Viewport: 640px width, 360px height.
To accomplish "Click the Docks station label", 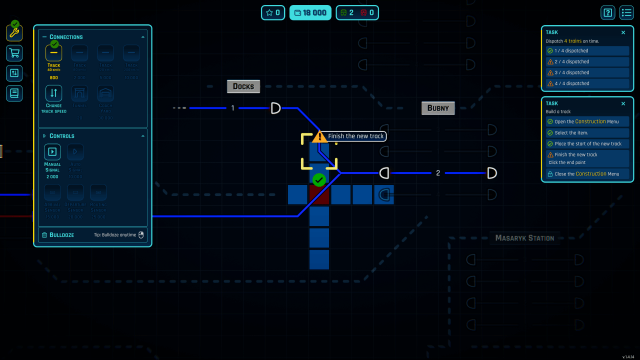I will (x=243, y=87).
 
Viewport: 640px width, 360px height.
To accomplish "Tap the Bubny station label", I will (x=438, y=108).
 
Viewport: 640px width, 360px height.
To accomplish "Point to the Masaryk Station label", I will (x=524, y=238).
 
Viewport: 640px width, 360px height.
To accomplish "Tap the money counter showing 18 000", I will (x=309, y=12).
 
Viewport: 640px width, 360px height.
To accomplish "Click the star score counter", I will (x=272, y=12).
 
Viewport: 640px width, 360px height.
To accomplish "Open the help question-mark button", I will (x=607, y=12).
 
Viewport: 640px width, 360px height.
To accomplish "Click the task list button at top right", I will (x=626, y=12).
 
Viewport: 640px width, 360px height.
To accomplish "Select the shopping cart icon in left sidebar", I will (x=14, y=53).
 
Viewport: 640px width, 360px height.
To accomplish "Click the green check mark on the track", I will (x=319, y=180).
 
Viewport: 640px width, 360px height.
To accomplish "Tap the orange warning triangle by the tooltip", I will (x=319, y=136).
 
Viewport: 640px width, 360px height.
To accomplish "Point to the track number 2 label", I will (x=437, y=173).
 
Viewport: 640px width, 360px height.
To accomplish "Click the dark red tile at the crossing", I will (x=319, y=195).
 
